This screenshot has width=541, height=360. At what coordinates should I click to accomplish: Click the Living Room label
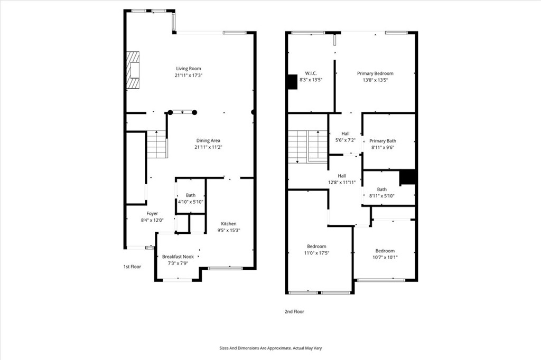[189, 69]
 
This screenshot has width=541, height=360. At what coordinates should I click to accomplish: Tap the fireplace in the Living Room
[133, 70]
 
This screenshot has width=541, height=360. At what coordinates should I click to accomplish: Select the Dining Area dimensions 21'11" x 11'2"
[208, 147]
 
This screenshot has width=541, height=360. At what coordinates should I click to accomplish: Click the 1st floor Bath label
[190, 195]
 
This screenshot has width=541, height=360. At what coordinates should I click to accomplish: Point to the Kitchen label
[229, 224]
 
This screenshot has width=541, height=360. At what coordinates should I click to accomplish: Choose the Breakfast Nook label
[178, 257]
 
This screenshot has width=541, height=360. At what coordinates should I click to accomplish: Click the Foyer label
[152, 214]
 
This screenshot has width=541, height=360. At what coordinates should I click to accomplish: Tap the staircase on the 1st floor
[157, 145]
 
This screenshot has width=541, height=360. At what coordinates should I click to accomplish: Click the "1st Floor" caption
[132, 267]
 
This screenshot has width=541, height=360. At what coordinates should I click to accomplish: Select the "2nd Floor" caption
[294, 311]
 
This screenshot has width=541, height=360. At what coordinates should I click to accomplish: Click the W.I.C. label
[311, 73]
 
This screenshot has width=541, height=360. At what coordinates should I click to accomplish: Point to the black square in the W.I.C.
[292, 82]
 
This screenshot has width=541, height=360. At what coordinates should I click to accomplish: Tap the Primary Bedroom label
[375, 73]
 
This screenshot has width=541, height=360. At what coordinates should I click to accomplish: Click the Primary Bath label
[383, 141]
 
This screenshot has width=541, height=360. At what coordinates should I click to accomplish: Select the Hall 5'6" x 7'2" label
[346, 137]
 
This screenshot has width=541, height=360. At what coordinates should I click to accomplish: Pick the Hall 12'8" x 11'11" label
[342, 179]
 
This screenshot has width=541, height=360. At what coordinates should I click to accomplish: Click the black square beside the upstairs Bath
[407, 177]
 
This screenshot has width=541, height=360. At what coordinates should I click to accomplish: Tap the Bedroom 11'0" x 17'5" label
[316, 250]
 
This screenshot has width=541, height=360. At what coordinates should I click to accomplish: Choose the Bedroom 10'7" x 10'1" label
[385, 254]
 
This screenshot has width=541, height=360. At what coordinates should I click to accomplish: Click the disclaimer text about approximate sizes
[270, 348]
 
